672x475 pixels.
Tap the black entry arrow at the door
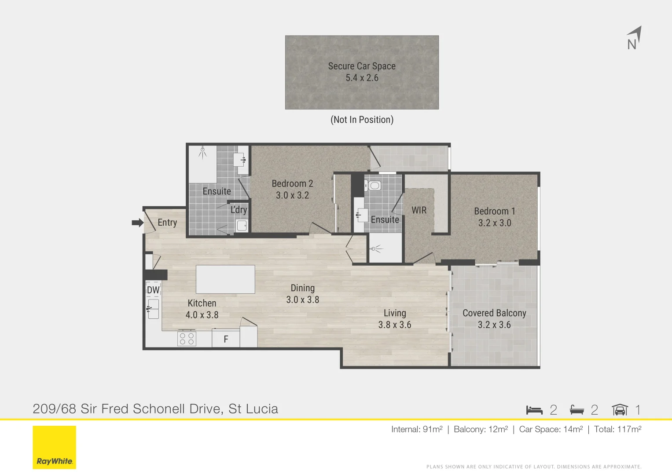click(138, 223)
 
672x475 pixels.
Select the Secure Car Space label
click(362, 66)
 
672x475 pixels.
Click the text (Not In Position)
click(362, 120)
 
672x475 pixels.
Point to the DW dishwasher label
click(153, 290)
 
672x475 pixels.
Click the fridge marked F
click(226, 339)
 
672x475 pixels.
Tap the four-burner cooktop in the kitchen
click(187, 339)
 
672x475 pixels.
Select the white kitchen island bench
click(225, 279)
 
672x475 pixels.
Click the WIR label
click(419, 210)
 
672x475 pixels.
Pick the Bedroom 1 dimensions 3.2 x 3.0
click(495, 223)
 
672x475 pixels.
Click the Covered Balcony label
click(494, 313)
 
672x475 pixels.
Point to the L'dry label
click(239, 210)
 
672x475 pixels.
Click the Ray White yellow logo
click(54, 447)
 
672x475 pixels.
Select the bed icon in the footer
click(534, 410)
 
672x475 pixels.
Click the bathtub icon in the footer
click(577, 410)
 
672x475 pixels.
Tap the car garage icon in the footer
click(620, 410)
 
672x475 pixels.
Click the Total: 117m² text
click(618, 429)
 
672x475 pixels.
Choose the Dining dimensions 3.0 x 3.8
click(303, 300)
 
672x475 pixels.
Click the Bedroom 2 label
click(293, 183)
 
